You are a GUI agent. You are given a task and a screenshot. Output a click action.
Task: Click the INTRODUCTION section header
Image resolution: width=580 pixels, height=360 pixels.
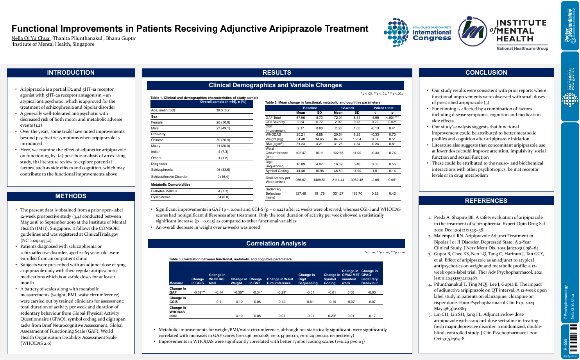[x=71, y=73]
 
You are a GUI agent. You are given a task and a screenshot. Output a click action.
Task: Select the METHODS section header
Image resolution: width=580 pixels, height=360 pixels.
[x=71, y=196]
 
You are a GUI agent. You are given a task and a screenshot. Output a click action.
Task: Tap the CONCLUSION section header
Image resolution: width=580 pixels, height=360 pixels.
[x=486, y=73]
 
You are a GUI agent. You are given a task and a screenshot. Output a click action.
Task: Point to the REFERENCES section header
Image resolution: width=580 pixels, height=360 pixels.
[x=486, y=201]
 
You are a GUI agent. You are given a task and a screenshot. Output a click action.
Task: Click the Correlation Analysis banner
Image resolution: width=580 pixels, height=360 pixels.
[x=276, y=244]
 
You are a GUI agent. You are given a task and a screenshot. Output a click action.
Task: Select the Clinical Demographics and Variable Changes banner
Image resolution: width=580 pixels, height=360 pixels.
[x=275, y=85]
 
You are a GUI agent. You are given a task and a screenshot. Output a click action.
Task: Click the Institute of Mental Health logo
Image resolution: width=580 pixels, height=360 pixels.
[x=503, y=34]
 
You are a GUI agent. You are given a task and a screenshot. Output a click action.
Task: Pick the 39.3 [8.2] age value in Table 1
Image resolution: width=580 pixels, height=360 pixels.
[x=223, y=111]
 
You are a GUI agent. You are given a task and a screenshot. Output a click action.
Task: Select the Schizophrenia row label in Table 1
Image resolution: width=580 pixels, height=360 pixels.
[x=162, y=170]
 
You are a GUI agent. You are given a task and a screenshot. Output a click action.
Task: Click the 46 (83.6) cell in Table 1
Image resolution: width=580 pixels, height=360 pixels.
[x=223, y=170]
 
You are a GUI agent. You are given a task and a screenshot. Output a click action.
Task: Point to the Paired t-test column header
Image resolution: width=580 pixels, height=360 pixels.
[x=383, y=108]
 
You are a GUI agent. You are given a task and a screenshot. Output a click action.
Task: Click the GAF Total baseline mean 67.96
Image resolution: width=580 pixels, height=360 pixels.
[x=301, y=118]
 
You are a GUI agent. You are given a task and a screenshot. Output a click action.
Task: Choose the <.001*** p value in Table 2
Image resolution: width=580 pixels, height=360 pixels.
[x=392, y=118]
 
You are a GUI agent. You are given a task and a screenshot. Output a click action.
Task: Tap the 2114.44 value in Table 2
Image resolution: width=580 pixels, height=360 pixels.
[x=338, y=180]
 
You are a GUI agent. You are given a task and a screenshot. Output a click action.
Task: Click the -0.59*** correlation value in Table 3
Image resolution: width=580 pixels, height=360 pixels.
[x=199, y=292]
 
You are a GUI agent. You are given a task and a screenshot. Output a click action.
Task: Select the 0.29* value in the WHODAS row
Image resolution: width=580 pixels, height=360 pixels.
[x=331, y=316]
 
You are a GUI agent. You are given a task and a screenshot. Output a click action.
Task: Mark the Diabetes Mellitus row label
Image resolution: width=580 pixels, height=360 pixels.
[x=164, y=191]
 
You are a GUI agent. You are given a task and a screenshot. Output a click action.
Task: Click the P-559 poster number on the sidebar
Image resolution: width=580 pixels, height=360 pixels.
[x=565, y=344]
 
